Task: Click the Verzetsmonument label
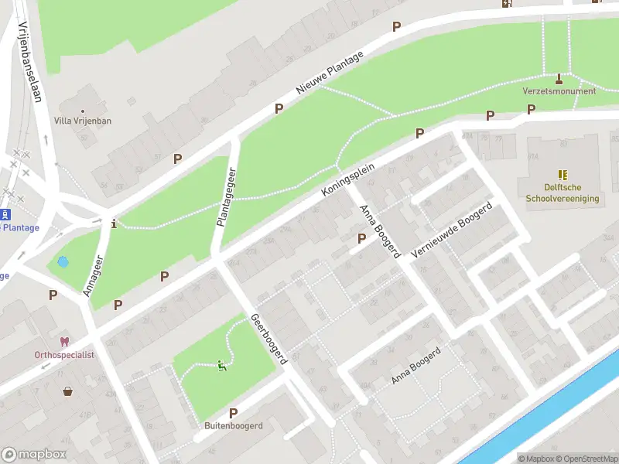coord(559,91)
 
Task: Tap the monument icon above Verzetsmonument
coord(559,78)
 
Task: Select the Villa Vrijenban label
coord(83,121)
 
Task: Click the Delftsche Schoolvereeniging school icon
coord(563,176)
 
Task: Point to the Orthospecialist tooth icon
coord(64,342)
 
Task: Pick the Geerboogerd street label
coord(268,339)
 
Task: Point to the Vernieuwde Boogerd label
coord(453,232)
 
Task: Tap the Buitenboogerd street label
coord(234,426)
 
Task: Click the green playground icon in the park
coord(221,366)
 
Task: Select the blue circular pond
coord(63,262)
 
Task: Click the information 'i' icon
coord(115,224)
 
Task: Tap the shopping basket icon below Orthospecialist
coord(68,391)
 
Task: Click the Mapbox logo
coord(34,455)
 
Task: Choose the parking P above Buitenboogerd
coord(233,413)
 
